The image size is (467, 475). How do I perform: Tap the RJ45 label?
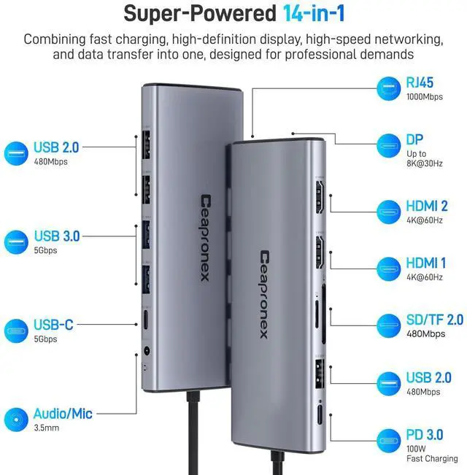[x=420, y=83]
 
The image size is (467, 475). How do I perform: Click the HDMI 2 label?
[x=426, y=207]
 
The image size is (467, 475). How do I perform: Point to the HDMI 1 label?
[x=425, y=263]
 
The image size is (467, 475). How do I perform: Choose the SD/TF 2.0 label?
[x=434, y=320]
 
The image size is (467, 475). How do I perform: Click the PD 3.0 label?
[x=424, y=435]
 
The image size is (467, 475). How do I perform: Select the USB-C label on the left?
[x=53, y=325]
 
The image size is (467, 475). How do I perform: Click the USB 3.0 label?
[x=56, y=236]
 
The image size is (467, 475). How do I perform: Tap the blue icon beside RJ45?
[x=389, y=90]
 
